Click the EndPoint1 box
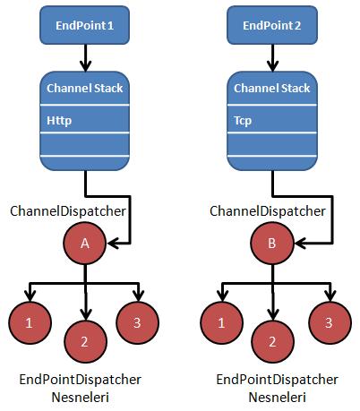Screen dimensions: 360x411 tap(85, 25)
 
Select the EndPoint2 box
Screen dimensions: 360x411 tap(272, 25)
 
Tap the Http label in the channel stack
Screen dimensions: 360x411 tap(59, 121)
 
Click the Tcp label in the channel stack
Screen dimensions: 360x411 tap(243, 121)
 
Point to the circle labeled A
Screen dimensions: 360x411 tap(85, 244)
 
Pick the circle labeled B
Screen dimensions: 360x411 tap(272, 244)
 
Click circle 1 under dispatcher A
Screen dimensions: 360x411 tap(30, 323)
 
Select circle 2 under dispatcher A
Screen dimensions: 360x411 tap(85, 342)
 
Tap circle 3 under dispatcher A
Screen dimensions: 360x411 tap(137, 323)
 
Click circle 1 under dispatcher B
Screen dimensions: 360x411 tap(221, 323)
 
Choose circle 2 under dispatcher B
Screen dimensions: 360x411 tap(272, 342)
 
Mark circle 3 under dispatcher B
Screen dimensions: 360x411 tap(330, 323)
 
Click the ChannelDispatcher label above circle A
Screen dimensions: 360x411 tap(68, 211)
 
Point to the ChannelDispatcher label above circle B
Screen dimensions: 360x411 tap(268, 211)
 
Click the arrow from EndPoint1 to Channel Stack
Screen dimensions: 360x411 tap(85, 58)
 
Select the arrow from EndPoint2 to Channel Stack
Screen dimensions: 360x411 tap(272, 58)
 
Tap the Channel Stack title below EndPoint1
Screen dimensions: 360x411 tap(85, 88)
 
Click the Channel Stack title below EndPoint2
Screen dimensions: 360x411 tap(272, 88)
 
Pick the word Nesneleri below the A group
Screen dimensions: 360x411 tap(81, 398)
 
